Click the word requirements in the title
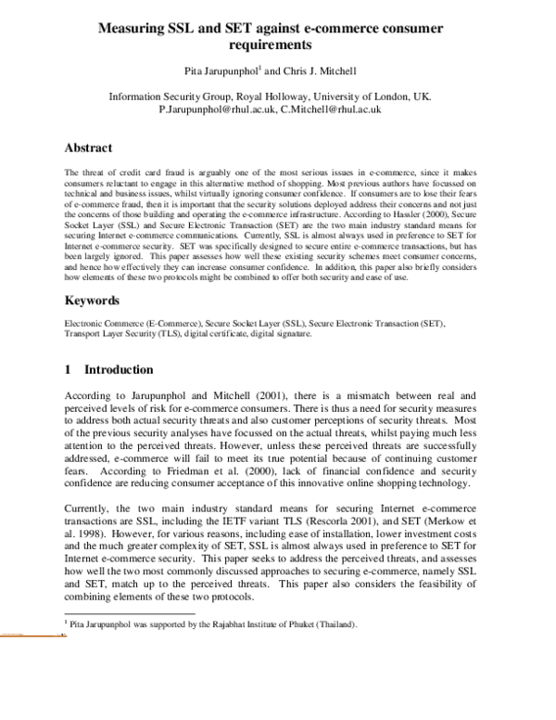point(277,44)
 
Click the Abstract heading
point(88,148)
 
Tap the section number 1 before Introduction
point(68,369)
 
